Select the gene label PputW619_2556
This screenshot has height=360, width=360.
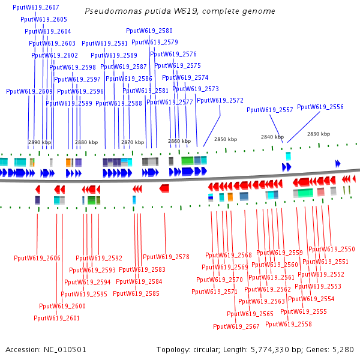click(320, 107)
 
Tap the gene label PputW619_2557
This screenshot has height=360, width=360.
click(270, 110)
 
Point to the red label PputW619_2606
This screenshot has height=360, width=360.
click(37, 258)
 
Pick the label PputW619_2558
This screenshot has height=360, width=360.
click(289, 324)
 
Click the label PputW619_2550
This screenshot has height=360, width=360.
click(332, 249)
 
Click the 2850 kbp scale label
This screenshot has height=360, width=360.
click(226, 139)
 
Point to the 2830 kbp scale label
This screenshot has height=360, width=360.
click(319, 134)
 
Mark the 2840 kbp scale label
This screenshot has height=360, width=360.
click(272, 137)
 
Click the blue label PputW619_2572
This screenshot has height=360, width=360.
click(220, 100)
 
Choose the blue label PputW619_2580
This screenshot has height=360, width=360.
click(149, 31)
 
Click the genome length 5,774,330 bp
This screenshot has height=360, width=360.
click(275, 349)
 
